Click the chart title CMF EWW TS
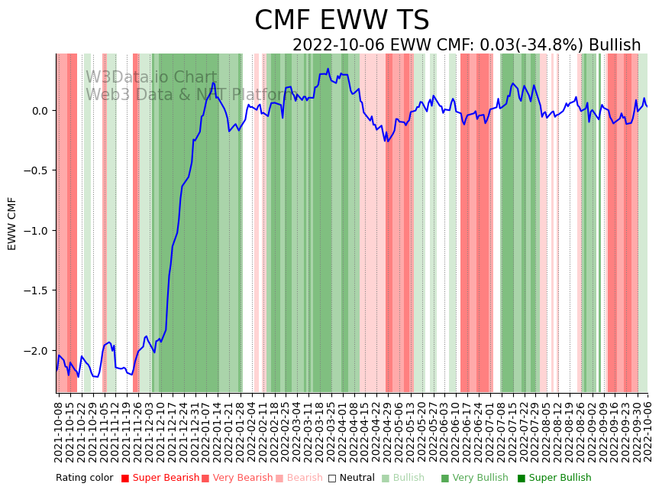[341, 21]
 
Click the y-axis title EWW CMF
[12, 223]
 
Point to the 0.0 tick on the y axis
[40, 111]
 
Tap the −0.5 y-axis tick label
[37, 170]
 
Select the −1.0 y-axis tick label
[37, 231]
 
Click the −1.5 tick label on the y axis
[37, 290]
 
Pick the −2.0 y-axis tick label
[37, 351]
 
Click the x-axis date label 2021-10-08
[59, 429]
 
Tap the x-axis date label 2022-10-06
[647, 429]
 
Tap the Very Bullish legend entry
[480, 479]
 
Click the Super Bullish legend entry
[560, 479]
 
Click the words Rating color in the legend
[84, 479]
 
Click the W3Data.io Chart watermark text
[151, 77]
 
